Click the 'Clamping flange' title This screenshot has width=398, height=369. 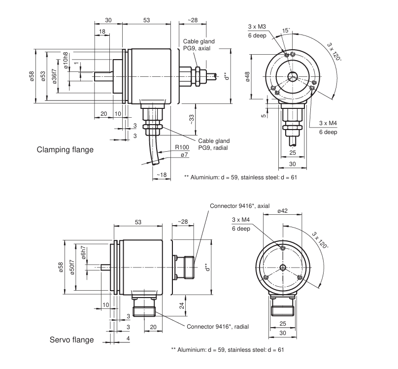coord(65,149)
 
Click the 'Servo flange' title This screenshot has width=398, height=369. coord(71,340)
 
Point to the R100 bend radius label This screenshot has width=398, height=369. coord(182,147)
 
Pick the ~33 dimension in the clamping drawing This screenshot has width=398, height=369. coord(192,118)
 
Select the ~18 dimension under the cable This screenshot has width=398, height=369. coord(160,175)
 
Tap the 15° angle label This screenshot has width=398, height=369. coord(286,31)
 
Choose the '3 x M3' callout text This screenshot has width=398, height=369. coord(257,26)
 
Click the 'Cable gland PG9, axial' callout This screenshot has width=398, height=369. coord(197,45)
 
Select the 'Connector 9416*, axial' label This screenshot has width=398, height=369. coord(240,206)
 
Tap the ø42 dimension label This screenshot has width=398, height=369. coord(282,211)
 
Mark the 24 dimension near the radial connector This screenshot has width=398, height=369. coord(182,306)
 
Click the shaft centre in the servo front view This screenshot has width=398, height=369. coord(282,267)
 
